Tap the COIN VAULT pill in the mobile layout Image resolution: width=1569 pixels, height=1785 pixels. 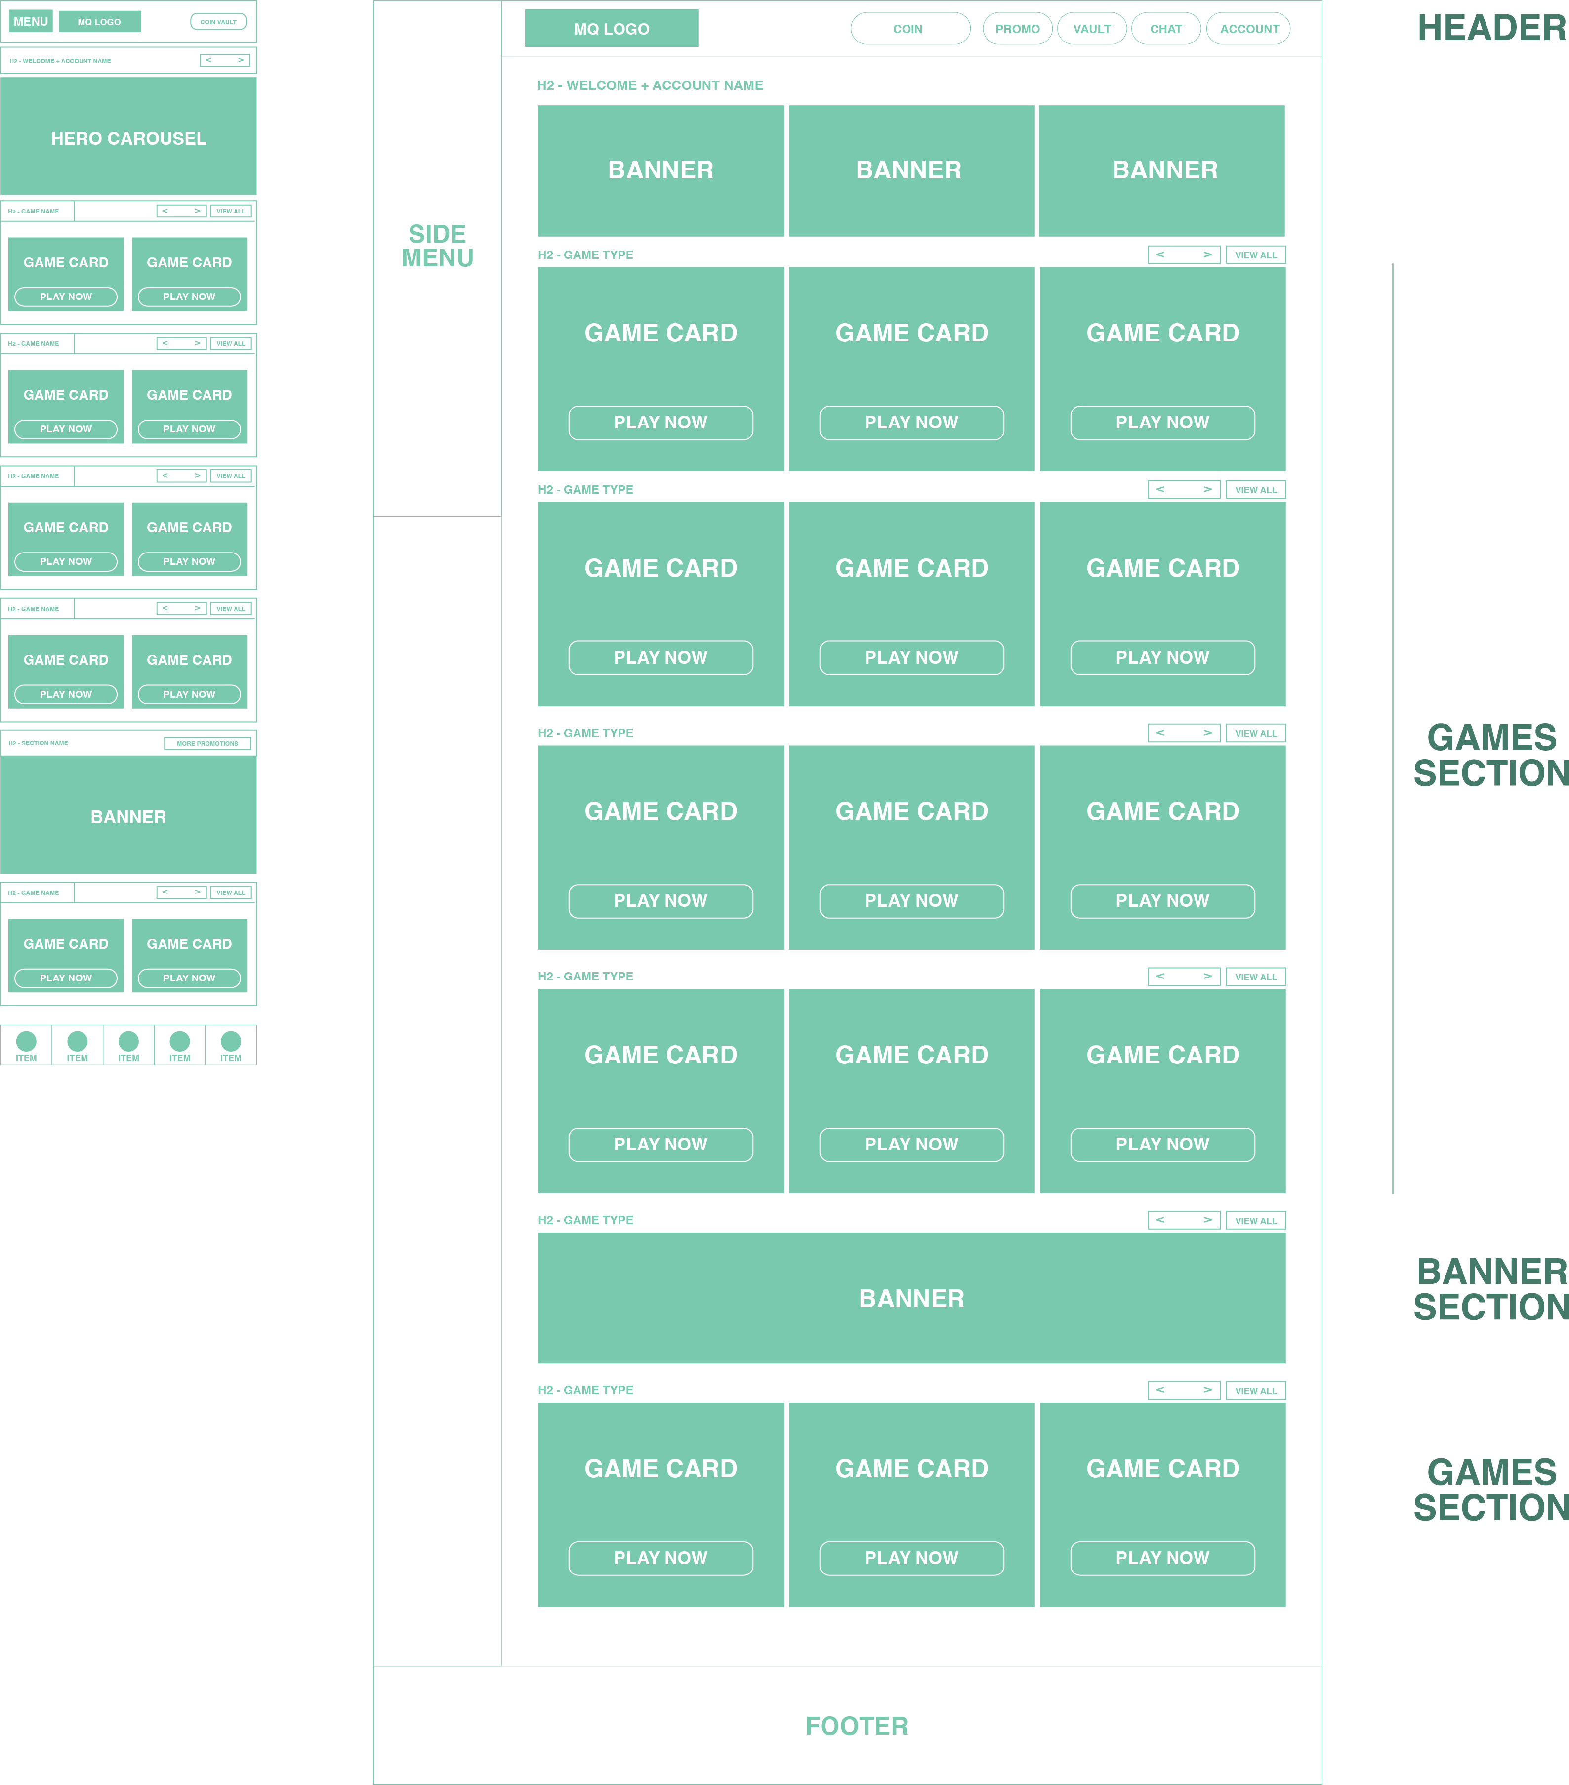[x=218, y=22]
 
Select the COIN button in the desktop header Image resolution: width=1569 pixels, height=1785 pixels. [x=909, y=29]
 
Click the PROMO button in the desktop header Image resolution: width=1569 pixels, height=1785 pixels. [x=1017, y=29]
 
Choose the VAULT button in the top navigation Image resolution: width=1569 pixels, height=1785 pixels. [x=1091, y=29]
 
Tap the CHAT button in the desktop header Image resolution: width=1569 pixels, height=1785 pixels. [x=1165, y=29]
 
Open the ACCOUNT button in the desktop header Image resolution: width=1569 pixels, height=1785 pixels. [x=1248, y=29]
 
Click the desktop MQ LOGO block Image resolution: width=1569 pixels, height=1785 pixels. [x=611, y=29]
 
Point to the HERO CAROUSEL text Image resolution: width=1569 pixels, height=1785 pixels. [x=128, y=139]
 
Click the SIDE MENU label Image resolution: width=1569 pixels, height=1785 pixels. [x=437, y=246]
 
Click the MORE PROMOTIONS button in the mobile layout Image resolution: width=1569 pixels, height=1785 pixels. [x=208, y=743]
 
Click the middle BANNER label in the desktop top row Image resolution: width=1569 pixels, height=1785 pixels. [x=909, y=170]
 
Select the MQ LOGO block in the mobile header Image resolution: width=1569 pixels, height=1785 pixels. [x=99, y=22]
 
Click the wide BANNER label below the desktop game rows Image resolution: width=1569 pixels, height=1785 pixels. [x=911, y=1299]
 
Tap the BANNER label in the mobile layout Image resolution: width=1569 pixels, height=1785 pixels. [x=128, y=817]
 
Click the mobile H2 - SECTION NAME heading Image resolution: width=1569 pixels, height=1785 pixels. [x=39, y=743]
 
